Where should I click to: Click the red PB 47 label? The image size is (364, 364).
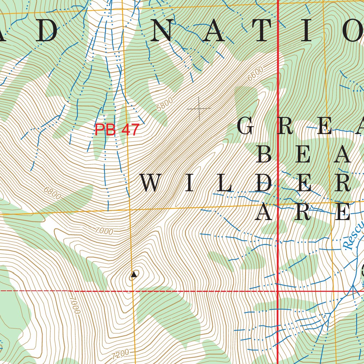click(116, 130)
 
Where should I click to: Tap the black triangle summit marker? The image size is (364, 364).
click(134, 274)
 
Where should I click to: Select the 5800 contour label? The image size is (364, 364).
click(164, 104)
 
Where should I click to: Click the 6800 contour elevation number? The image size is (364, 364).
click(52, 192)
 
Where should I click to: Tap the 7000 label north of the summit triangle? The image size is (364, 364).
click(104, 231)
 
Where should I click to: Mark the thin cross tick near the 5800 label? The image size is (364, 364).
click(199, 108)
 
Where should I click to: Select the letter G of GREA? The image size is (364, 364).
click(247, 127)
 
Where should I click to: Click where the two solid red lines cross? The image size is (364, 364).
click(277, 291)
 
